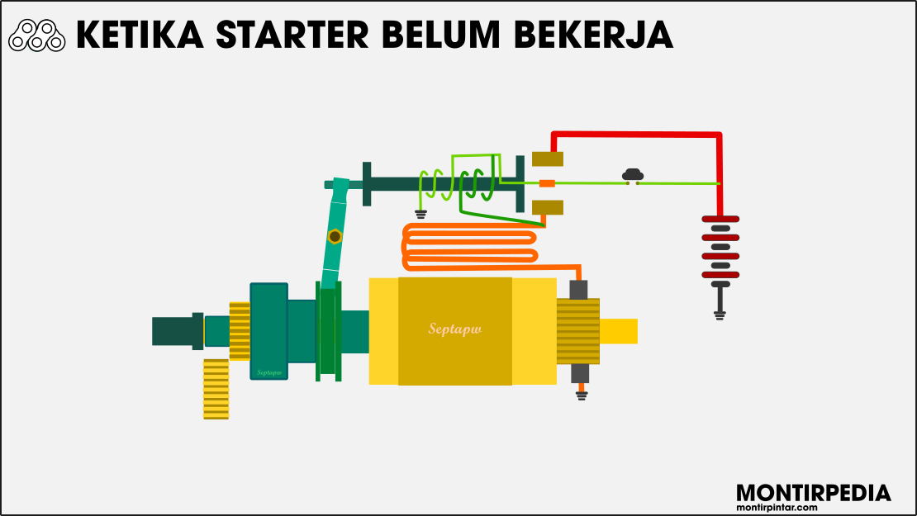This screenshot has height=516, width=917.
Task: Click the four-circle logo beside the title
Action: (37, 36)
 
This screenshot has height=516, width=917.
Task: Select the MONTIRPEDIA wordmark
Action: (813, 493)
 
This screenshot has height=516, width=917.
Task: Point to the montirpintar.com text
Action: (813, 506)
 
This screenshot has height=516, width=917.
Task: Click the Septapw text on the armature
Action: (454, 329)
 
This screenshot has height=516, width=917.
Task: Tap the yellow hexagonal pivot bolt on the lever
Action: (334, 237)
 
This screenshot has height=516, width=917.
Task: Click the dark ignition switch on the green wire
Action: (633, 175)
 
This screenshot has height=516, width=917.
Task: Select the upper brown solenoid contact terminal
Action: (548, 159)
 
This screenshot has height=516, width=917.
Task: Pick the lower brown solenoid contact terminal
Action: (548, 206)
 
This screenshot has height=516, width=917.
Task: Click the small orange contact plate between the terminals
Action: (547, 182)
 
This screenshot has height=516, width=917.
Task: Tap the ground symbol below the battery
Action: (720, 314)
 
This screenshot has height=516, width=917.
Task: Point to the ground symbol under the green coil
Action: (420, 214)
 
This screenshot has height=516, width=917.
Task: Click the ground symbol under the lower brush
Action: (581, 395)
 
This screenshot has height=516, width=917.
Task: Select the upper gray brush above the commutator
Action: (579, 289)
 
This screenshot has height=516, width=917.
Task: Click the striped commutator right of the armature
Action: (577, 331)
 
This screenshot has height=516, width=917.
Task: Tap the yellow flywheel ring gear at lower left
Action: (216, 389)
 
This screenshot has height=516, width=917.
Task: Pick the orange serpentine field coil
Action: (470, 245)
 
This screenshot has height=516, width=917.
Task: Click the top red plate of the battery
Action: (720, 220)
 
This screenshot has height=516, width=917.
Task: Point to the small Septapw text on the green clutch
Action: (269, 372)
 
